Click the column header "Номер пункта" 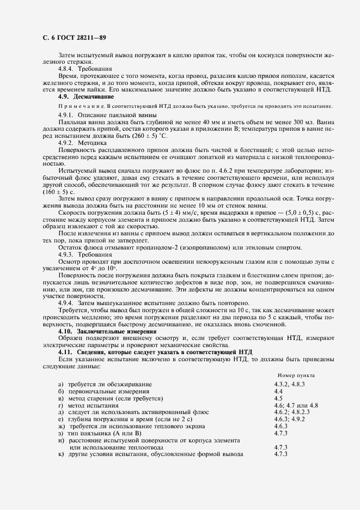pyautogui.click(x=296, y=375)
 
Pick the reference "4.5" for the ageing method pyautogui.click(x=278, y=398)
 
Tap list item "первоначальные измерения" pyautogui.click(x=109, y=392)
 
